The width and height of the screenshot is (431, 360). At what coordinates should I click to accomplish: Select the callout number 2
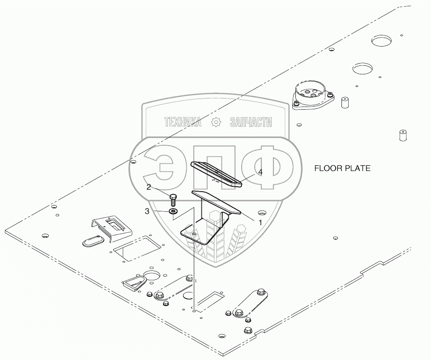149,188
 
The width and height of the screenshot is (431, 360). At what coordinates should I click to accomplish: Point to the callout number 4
260,171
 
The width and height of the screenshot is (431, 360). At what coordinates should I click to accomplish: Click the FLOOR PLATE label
342,169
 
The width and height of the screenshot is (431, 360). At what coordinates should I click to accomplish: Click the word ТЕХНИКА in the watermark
183,122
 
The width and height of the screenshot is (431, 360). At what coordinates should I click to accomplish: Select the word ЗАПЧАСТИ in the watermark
251,122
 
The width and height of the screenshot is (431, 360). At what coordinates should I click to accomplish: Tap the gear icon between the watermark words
216,122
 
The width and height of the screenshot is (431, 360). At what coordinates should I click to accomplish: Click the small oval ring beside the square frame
93,241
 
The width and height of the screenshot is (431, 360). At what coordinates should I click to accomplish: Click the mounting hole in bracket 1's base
193,234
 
